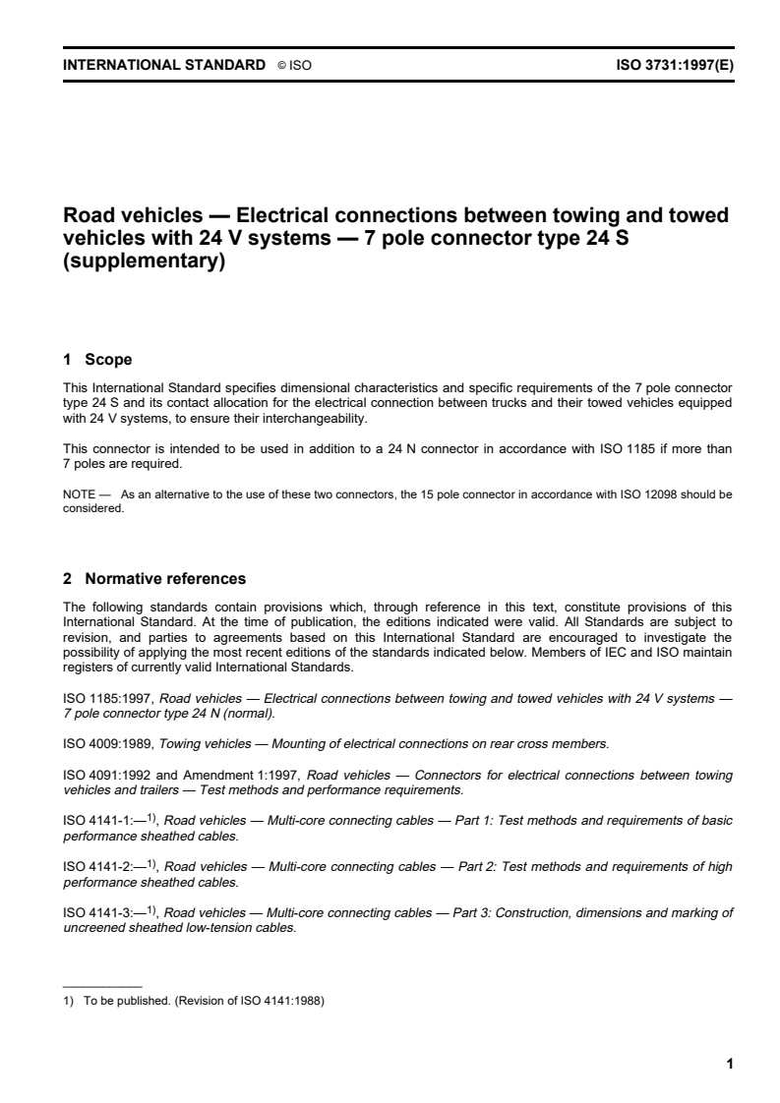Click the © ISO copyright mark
(x=294, y=66)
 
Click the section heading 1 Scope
(x=97, y=360)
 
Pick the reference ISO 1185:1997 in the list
(x=99, y=699)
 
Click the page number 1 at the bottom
(x=729, y=1063)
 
